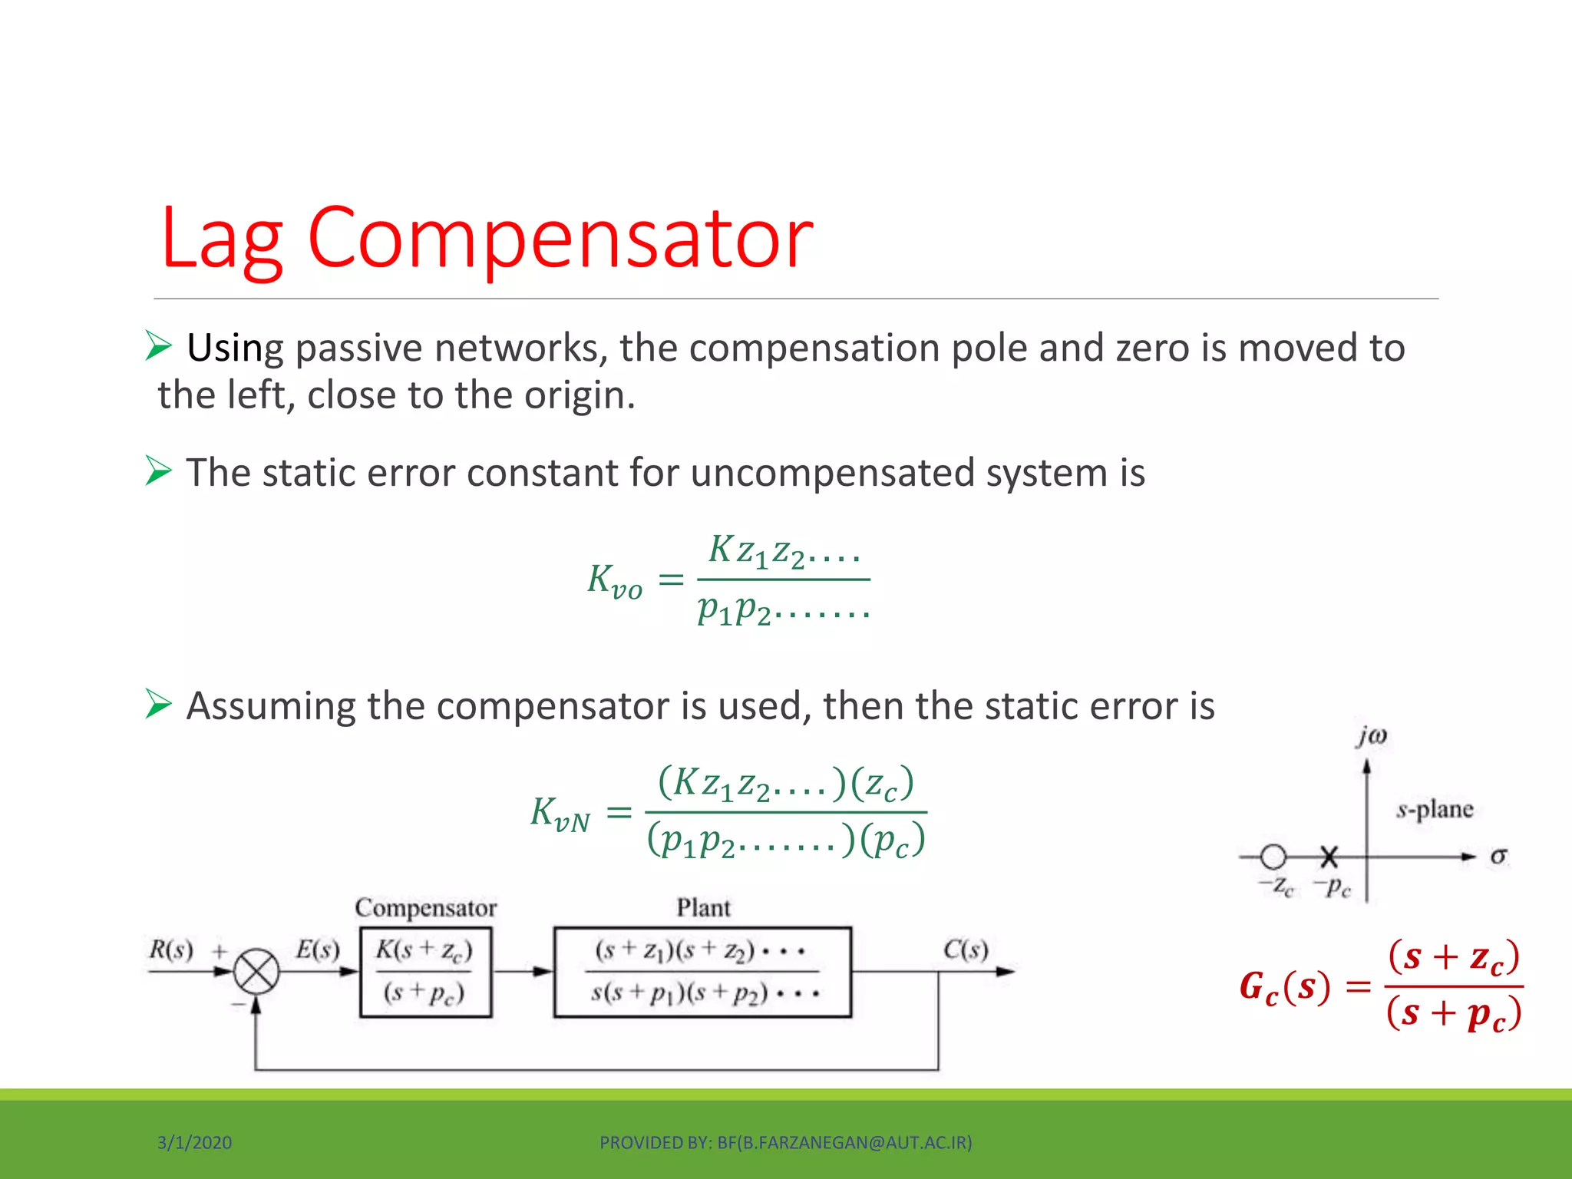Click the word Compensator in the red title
click(560, 239)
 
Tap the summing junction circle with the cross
click(256, 972)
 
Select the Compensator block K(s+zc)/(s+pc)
click(425, 972)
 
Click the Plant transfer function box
click(702, 972)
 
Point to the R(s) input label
click(170, 949)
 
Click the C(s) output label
click(965, 949)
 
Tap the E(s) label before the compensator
click(317, 949)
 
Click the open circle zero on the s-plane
click(1273, 856)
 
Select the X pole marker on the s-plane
click(1329, 856)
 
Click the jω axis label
click(1371, 736)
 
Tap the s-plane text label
click(1434, 809)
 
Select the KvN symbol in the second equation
click(560, 814)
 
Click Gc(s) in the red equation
click(1284, 986)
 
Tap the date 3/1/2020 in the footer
click(194, 1142)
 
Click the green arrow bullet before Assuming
click(158, 704)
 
